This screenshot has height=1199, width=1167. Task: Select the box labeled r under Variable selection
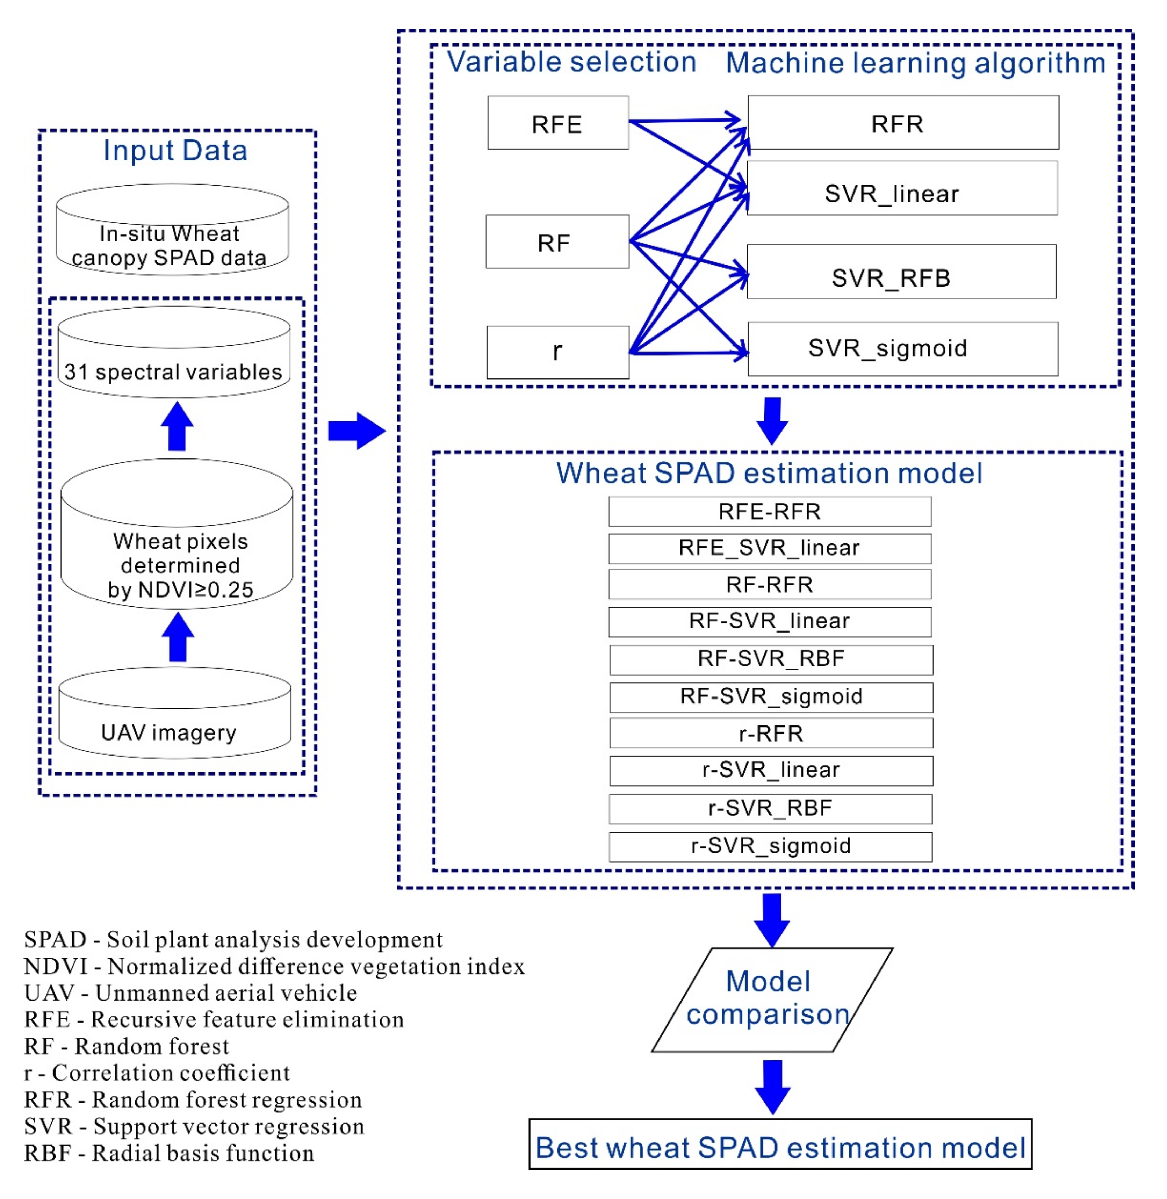558,353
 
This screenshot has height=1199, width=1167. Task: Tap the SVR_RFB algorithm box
901,272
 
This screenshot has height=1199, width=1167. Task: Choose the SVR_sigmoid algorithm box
902,349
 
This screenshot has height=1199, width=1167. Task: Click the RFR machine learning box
903,123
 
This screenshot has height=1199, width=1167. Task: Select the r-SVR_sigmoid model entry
770,846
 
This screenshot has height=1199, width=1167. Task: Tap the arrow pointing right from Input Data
356,431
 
